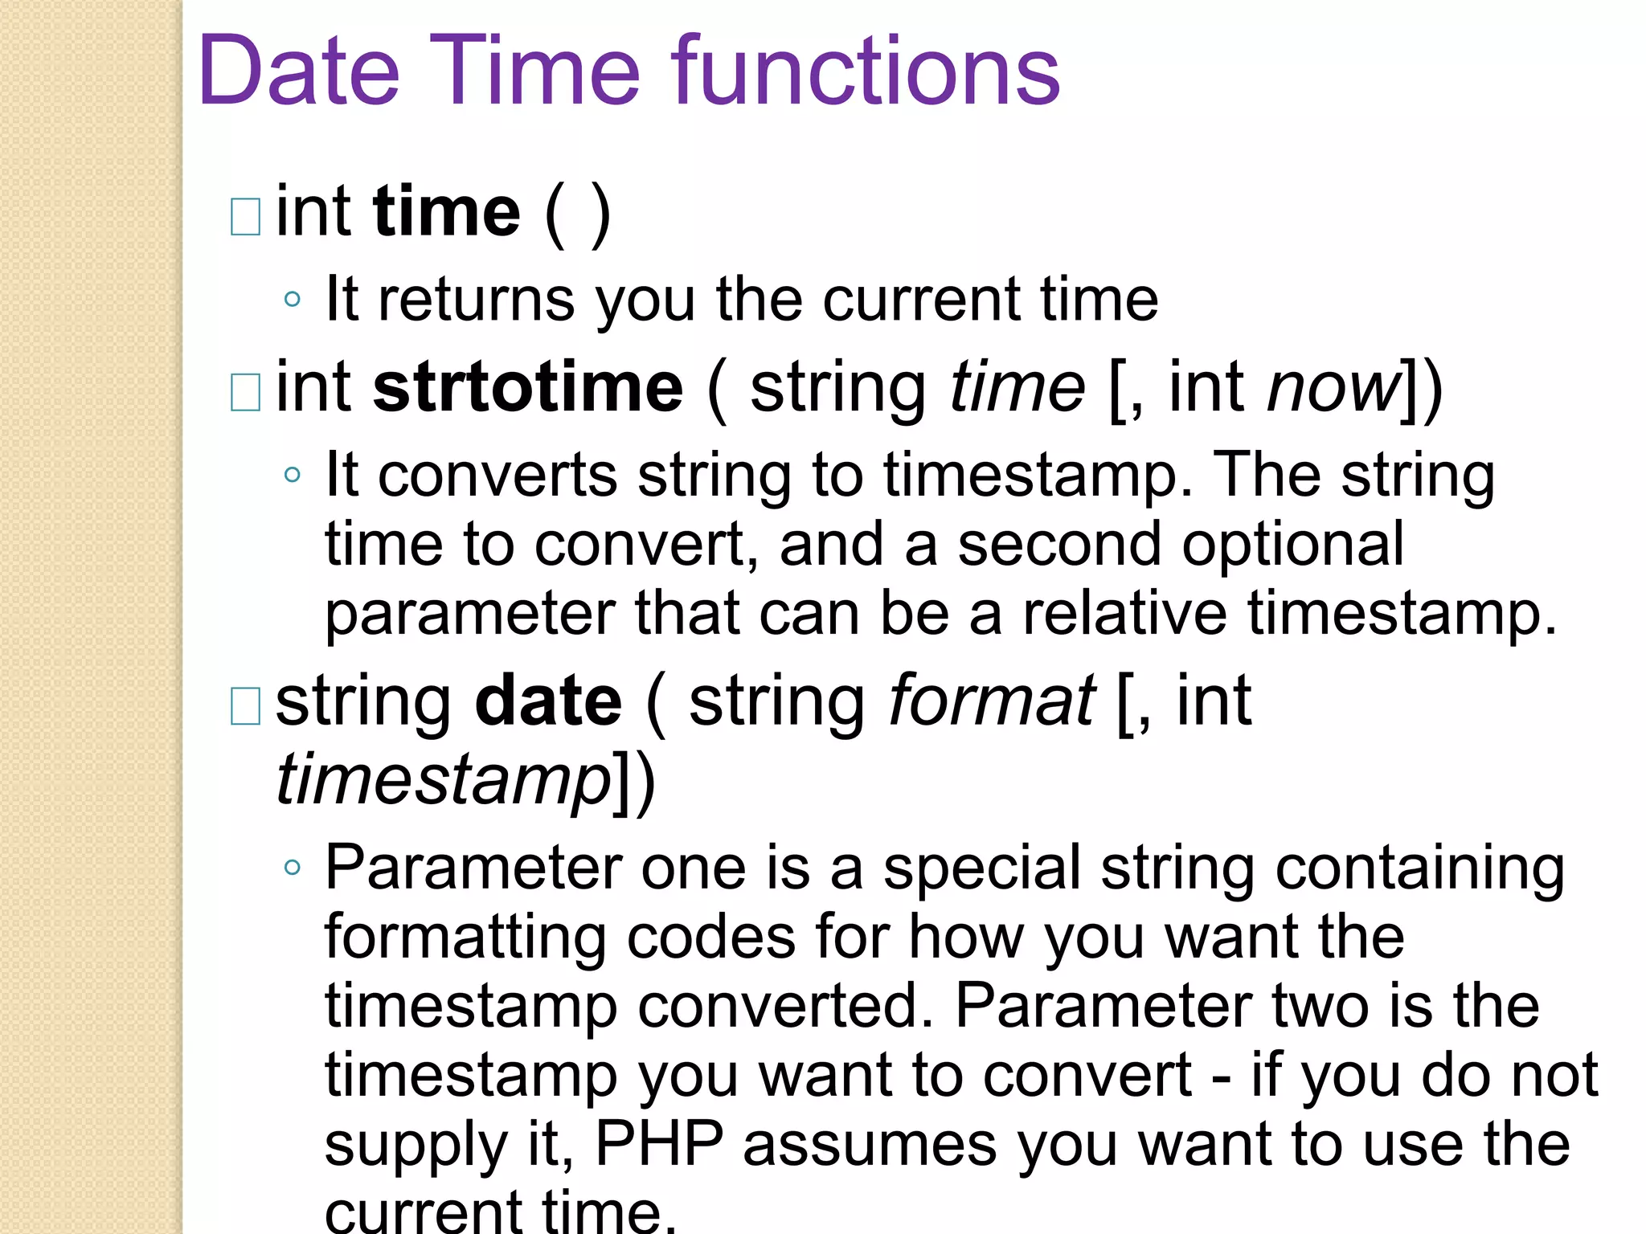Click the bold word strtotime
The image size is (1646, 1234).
[528, 388]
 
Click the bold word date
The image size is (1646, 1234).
[548, 701]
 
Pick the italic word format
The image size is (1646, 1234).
[992, 701]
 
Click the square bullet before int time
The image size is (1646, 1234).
[245, 217]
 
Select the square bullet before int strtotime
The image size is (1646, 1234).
[245, 393]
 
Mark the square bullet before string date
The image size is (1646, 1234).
[245, 706]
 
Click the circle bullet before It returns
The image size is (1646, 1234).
[293, 300]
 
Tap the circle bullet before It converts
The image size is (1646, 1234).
[293, 475]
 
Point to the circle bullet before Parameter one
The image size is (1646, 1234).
[293, 868]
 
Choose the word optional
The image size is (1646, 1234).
[1292, 545]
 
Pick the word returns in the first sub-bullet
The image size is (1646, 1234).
[477, 300]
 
